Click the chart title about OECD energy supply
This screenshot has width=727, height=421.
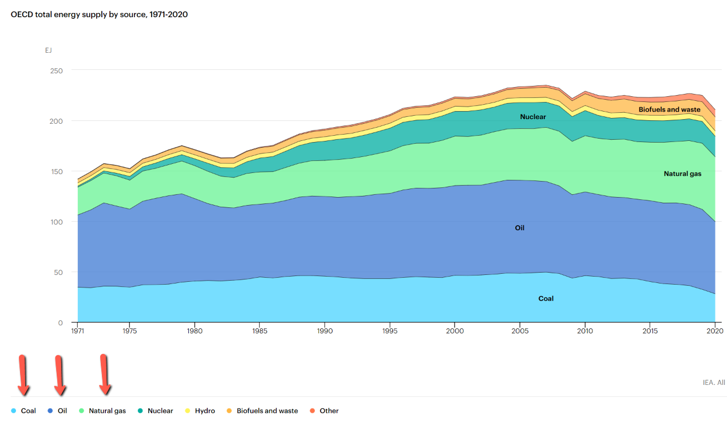click(99, 14)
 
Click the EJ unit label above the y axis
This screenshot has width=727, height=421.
click(49, 50)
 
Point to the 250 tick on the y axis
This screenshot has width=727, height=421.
click(57, 70)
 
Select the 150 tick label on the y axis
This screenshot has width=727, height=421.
click(57, 171)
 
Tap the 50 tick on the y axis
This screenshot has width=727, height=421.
click(58, 272)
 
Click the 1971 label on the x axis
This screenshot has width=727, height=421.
click(78, 331)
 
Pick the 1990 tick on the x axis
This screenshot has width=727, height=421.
click(325, 331)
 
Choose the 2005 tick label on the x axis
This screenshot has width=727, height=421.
click(519, 331)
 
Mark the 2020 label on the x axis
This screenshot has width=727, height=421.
click(714, 331)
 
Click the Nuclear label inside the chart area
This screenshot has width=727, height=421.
click(532, 117)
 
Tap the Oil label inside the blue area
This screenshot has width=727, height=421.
click(519, 228)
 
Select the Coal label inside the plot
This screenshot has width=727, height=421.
click(546, 298)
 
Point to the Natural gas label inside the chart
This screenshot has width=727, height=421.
click(682, 174)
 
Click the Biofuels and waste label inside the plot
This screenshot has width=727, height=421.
click(669, 109)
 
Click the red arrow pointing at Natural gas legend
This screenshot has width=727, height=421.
click(105, 375)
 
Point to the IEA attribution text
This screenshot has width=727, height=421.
click(713, 382)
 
